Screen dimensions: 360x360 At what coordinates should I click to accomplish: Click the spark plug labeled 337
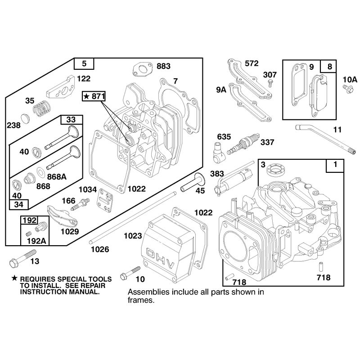tap(243, 144)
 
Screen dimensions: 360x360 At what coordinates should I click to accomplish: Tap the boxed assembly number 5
tap(84, 63)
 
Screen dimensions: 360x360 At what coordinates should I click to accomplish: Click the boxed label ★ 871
tap(94, 96)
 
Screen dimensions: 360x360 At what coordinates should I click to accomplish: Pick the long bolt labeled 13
tap(22, 258)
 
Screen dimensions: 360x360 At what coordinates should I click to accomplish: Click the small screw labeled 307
tap(271, 83)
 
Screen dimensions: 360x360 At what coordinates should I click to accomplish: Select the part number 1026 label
tap(100, 249)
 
